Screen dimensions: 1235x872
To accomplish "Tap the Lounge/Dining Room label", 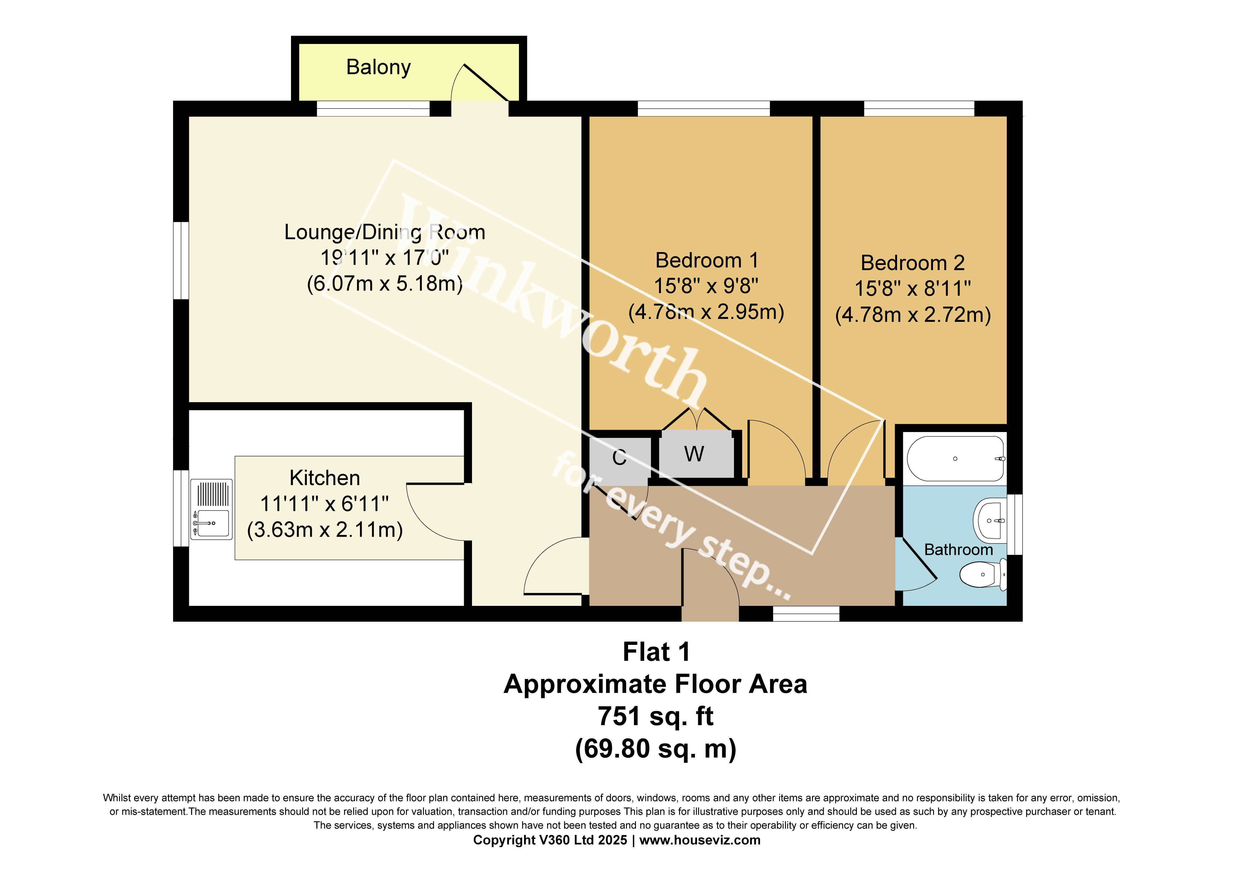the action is click(x=385, y=232).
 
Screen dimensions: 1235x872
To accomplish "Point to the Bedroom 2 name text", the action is click(x=913, y=263).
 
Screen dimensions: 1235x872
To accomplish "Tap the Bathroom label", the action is click(x=959, y=550).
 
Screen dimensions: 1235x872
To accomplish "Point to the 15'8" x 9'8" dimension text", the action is click(x=706, y=286).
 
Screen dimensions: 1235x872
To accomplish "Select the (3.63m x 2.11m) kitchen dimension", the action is click(x=325, y=530).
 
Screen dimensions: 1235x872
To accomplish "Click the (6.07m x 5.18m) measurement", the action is click(x=385, y=283).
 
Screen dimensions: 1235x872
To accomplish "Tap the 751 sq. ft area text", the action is click(x=656, y=716).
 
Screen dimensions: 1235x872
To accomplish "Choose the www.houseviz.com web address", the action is click(x=700, y=840).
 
